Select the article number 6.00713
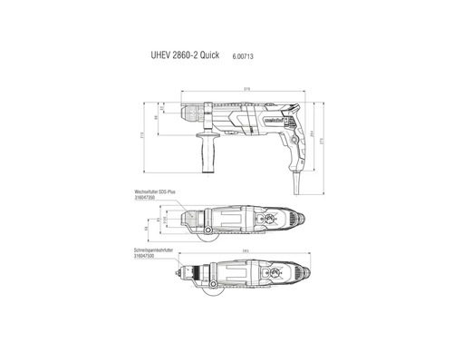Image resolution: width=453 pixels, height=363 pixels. [x=256, y=54]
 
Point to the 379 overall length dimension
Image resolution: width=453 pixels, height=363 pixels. [x=246, y=89]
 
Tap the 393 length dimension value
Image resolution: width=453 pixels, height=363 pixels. [x=246, y=250]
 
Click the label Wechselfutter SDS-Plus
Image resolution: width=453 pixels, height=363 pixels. [x=155, y=193]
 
